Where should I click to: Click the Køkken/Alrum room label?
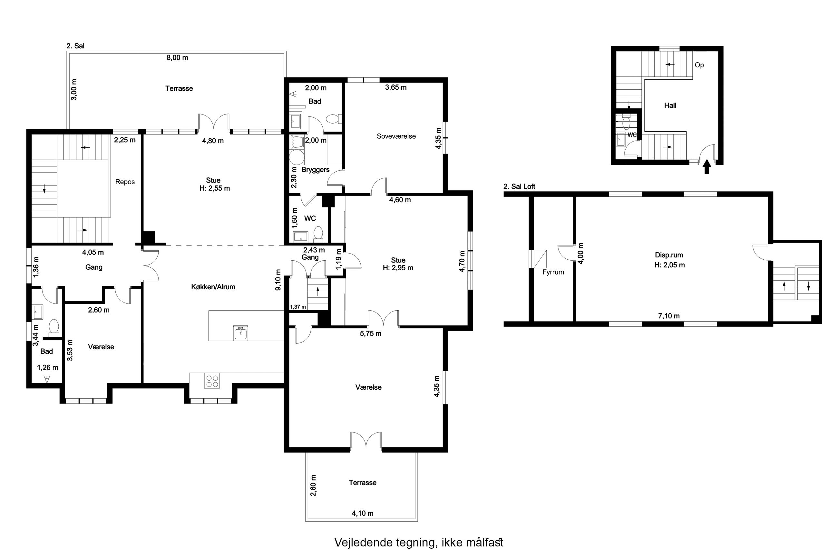coord(213,287)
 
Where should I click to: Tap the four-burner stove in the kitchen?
coord(212,381)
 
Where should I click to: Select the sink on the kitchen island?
coord(241,333)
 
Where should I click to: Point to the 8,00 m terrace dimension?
coord(177,58)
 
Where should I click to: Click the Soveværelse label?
coord(396,136)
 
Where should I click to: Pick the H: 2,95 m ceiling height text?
coord(398,268)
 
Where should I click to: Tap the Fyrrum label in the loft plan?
coord(553,272)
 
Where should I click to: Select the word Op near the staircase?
coord(699,65)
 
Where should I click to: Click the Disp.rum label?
coord(669,255)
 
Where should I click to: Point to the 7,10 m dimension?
coord(669,316)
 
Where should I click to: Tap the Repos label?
coord(125,182)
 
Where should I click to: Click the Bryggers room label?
coord(316,170)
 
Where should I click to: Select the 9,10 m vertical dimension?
coord(278,280)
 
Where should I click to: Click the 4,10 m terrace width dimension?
coord(363,514)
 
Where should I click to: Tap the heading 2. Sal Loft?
coord(519,186)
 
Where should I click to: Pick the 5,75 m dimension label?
coord(370,334)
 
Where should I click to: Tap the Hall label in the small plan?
coord(670,105)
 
